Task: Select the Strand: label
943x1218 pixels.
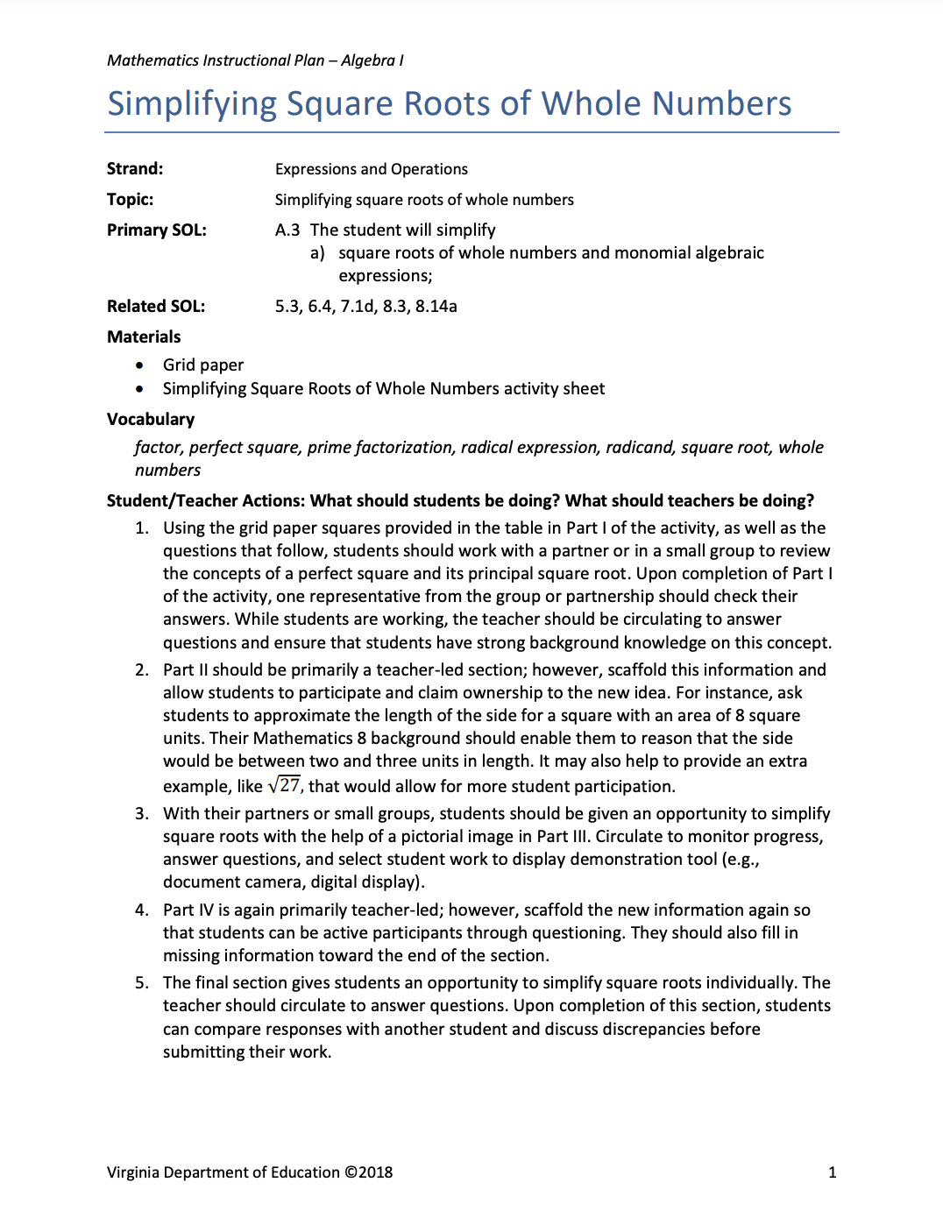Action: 135,169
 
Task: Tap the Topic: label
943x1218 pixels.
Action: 130,200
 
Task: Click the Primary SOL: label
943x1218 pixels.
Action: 157,230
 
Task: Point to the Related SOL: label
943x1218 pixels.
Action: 156,307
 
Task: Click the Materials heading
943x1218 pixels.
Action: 144,337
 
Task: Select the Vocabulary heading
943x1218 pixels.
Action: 151,420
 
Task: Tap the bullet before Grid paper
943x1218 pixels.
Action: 139,365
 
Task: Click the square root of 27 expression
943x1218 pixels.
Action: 285,785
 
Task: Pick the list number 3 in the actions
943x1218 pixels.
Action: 141,814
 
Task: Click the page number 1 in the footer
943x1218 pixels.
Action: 832,1172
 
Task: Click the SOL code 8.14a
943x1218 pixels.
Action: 436,307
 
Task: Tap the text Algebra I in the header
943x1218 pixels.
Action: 372,60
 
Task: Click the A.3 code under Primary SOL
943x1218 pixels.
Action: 287,230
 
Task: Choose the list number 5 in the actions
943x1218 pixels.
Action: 141,983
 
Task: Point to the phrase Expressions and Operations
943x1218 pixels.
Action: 372,169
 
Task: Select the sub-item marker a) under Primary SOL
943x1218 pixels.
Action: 317,253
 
